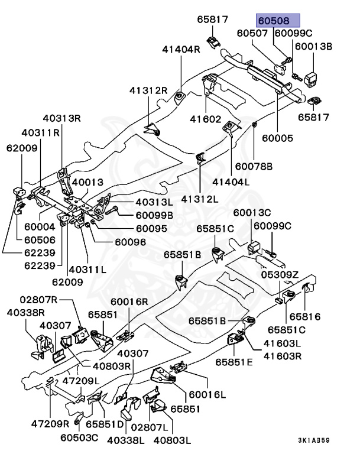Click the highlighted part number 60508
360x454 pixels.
(x=278, y=20)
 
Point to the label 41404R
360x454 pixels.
(x=181, y=49)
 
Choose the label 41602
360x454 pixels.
(x=206, y=118)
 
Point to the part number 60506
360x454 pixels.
(x=40, y=239)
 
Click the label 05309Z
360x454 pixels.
(x=279, y=275)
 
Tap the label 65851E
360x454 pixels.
(x=233, y=361)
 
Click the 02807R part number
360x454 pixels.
(x=37, y=300)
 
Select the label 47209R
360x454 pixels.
(x=50, y=424)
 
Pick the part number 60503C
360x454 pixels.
(x=79, y=438)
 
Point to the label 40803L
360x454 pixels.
(x=173, y=440)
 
